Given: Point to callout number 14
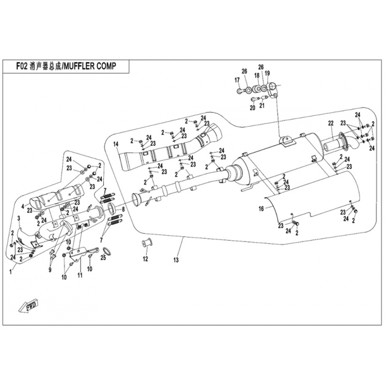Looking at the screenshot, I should (116, 144).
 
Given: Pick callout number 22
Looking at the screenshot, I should (331, 124).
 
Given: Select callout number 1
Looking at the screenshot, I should (11, 272).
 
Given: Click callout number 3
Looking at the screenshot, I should (19, 219).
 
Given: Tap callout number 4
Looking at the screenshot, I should (23, 206).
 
